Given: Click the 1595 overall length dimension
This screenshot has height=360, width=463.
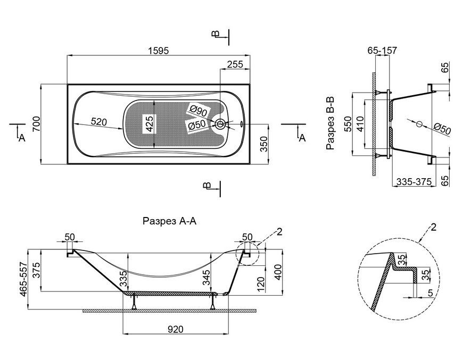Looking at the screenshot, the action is (158, 51).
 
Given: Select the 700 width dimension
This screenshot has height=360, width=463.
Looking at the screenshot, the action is (36, 124).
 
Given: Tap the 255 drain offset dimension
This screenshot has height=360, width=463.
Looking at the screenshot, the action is (235, 64).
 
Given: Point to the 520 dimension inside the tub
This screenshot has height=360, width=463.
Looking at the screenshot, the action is (98, 121).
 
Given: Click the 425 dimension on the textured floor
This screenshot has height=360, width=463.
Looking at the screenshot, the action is (149, 124).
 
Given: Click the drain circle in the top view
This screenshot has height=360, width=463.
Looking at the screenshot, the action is (220, 124).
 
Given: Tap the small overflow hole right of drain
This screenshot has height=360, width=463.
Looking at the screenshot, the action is (242, 124).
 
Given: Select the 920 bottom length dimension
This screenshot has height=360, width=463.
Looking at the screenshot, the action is (176, 329).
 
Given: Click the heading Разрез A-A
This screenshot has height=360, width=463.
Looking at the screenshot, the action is (169, 221).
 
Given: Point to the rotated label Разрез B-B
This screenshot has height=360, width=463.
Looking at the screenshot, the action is (330, 123).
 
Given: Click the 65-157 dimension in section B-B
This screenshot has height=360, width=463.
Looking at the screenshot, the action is (383, 51).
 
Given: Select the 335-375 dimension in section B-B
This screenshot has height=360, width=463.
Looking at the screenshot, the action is (414, 181).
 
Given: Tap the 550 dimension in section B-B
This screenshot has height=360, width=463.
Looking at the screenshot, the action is (348, 124).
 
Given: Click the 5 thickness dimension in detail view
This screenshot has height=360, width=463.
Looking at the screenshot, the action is (430, 292).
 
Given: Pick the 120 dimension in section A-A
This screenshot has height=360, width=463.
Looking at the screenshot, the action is (261, 283).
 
